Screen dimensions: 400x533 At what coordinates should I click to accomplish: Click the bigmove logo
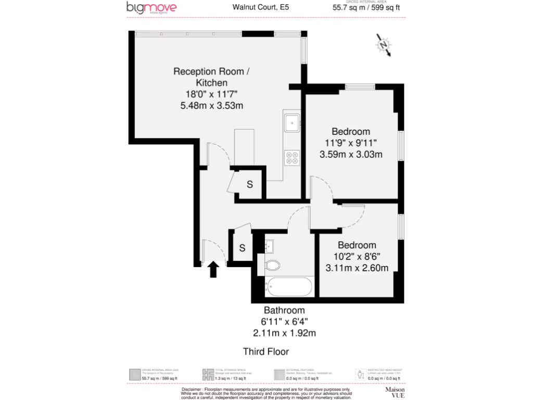pyautogui.click(x=151, y=8)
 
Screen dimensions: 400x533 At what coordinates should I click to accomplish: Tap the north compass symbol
pyautogui.click(x=384, y=46)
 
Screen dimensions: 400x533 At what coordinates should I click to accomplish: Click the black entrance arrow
pyautogui.click(x=213, y=270)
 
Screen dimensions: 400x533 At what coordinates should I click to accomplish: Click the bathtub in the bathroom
pyautogui.click(x=289, y=286)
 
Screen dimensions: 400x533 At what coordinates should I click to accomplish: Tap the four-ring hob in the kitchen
pyautogui.click(x=292, y=157)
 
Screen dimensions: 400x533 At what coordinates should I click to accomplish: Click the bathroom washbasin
pyautogui.click(x=270, y=245)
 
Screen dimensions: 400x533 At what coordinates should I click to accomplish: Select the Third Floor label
pyautogui.click(x=266, y=352)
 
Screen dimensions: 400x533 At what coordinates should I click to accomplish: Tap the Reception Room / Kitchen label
pyautogui.click(x=211, y=77)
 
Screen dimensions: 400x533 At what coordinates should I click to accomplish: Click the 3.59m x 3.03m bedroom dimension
pyautogui.click(x=351, y=154)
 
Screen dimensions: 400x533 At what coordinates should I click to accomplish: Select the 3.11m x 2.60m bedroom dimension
pyautogui.click(x=357, y=268)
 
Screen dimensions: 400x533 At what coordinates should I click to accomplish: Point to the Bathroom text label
pyautogui.click(x=284, y=311)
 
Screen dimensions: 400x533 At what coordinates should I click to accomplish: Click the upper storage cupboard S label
pyautogui.click(x=250, y=184)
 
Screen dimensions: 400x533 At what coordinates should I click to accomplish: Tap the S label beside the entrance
pyautogui.click(x=242, y=248)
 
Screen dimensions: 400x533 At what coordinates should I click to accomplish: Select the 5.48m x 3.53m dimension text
pyautogui.click(x=211, y=106)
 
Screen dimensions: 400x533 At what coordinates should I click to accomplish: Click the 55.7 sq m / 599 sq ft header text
pyautogui.click(x=366, y=7)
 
